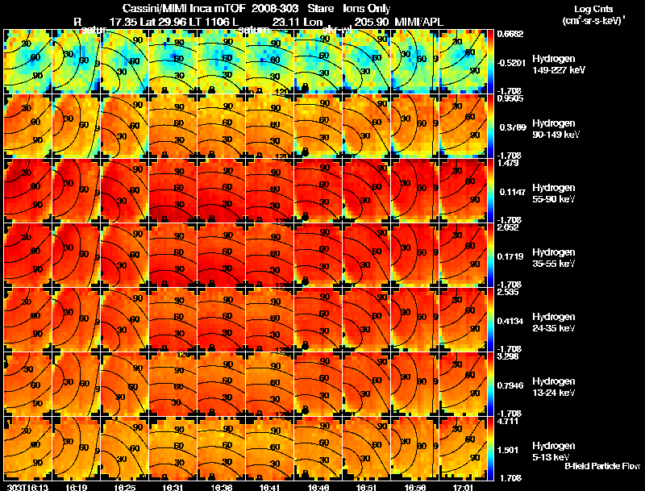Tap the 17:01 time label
coord(461,487)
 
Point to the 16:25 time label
coord(125,487)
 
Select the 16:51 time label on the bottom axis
coord(367,487)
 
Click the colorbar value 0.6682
coord(510,34)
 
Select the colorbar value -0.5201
coord(510,62)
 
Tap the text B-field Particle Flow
coord(602,466)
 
